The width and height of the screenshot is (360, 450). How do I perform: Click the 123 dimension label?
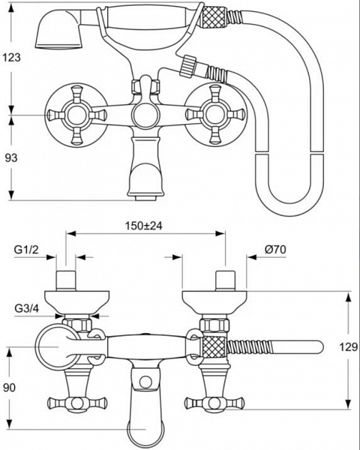[x=12, y=58]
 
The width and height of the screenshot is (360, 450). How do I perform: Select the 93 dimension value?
[x=11, y=157]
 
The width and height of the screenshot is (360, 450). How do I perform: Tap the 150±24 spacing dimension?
[x=143, y=226]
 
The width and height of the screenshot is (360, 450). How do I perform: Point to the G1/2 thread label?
[x=26, y=250]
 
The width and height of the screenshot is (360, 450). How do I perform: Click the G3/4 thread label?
[x=27, y=308]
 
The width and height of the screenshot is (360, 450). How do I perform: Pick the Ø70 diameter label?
[x=275, y=250]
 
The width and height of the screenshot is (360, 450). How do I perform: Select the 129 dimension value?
[x=349, y=347]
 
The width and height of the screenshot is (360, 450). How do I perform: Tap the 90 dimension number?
[x=10, y=388]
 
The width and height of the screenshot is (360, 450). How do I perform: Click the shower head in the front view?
[x=58, y=29]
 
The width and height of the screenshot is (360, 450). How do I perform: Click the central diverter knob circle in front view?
[x=145, y=115]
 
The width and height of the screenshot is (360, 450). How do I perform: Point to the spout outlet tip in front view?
[x=145, y=197]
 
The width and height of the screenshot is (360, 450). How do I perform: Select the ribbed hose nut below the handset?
[x=188, y=66]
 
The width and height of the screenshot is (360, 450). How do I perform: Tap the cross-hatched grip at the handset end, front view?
[x=214, y=16]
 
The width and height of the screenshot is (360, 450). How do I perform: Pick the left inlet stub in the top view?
[x=66, y=280]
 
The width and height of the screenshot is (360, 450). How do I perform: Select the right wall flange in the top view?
[x=214, y=302]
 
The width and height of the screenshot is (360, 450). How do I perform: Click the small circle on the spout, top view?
[x=145, y=382]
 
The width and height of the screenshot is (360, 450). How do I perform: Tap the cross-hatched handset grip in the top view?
[x=214, y=347]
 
